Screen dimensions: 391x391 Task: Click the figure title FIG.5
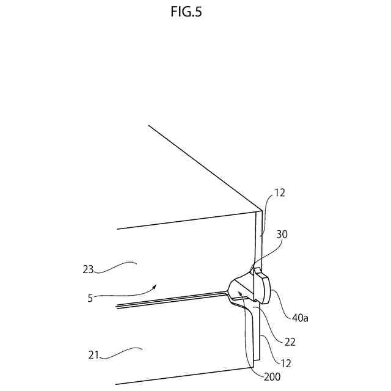pyautogui.click(x=195, y=12)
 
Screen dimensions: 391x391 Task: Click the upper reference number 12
pyautogui.click(x=280, y=192)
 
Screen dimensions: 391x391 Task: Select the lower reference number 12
pyautogui.click(x=285, y=363)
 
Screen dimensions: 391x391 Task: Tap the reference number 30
pyautogui.click(x=282, y=233)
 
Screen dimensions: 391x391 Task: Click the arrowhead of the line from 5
pyautogui.click(x=158, y=284)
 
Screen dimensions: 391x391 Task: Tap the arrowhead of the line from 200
pyautogui.click(x=240, y=293)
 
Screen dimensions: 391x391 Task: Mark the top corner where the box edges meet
pyautogui.click(x=261, y=211)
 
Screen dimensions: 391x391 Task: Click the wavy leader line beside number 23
pyautogui.click(x=119, y=265)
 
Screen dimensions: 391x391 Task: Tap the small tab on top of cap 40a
pyautogui.click(x=257, y=269)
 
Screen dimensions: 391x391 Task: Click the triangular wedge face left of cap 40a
pyautogui.click(x=244, y=285)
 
